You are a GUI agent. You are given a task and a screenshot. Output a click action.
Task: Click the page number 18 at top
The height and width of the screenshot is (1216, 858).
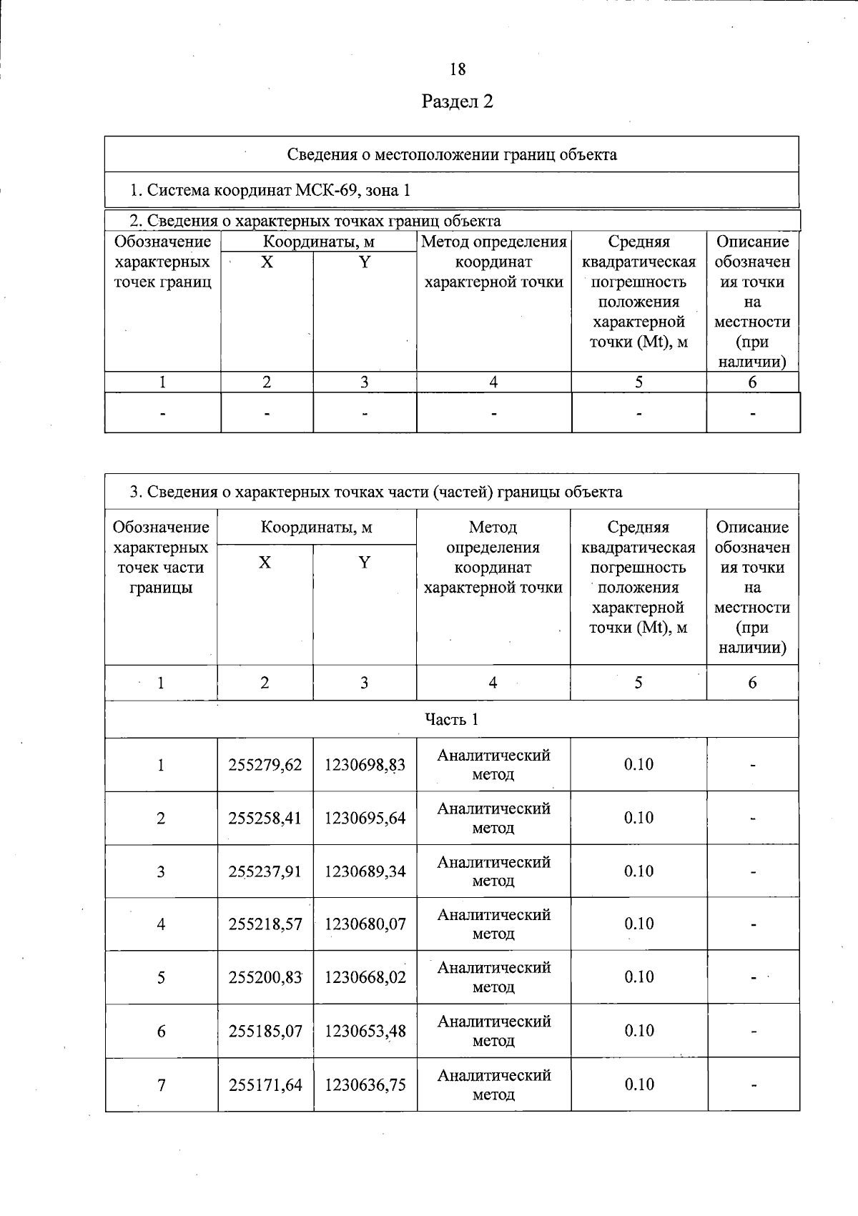click(458, 69)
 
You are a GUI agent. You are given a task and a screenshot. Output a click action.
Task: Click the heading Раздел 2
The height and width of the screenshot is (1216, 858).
click(458, 102)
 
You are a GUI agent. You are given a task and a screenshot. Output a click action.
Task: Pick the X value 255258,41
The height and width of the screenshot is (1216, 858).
click(265, 818)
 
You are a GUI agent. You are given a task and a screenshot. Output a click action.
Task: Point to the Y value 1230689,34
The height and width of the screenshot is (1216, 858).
click(365, 871)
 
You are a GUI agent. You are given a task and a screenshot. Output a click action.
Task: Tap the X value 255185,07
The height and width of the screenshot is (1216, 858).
click(265, 1031)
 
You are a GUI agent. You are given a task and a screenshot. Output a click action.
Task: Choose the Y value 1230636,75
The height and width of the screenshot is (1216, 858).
click(365, 1084)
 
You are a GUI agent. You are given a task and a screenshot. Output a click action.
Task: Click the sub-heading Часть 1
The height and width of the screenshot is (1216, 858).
click(452, 719)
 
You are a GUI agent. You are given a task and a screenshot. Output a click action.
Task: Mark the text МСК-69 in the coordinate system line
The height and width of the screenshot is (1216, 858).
click(325, 190)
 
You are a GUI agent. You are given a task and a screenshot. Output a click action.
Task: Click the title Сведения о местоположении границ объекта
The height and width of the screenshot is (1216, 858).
click(452, 154)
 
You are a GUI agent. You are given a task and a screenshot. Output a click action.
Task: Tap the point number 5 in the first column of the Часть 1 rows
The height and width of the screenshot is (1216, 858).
click(162, 977)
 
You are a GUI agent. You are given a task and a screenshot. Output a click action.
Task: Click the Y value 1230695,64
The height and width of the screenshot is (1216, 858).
click(365, 818)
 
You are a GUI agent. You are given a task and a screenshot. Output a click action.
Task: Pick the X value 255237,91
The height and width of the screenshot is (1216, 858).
click(265, 871)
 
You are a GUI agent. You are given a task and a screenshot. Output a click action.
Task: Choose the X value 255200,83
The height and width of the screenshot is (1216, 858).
click(265, 977)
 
